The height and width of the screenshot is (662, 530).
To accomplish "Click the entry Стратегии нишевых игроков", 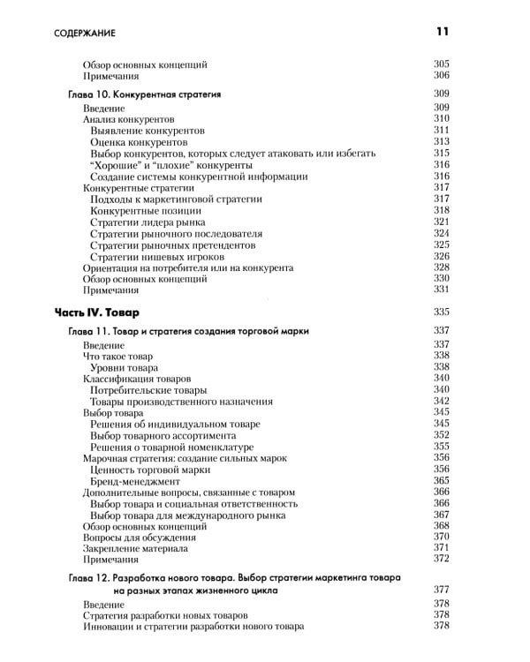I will click(148, 256).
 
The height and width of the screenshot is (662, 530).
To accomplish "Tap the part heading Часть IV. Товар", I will click(97, 312).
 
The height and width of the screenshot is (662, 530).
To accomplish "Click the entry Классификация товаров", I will click(132, 378).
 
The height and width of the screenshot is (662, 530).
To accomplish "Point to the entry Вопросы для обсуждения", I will click(140, 538).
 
